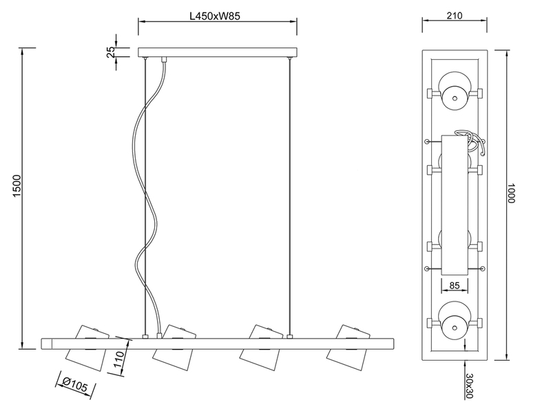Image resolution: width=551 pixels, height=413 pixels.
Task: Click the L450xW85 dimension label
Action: coord(215,16)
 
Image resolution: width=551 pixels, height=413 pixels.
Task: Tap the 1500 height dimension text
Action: coord(17,186)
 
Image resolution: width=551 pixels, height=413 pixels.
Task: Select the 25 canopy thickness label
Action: coord(111,52)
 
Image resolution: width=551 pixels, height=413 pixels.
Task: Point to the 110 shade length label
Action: coord(119,359)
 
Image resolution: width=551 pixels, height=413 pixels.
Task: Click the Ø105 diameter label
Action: coord(74,386)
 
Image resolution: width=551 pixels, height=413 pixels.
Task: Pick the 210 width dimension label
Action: coord(455,16)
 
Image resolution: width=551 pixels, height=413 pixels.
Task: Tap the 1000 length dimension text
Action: coord(510,193)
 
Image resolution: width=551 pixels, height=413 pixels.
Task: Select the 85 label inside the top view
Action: coord(455,285)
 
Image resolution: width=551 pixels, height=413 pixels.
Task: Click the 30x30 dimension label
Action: coord(469,385)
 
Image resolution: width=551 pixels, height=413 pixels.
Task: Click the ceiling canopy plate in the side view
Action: coord(218,52)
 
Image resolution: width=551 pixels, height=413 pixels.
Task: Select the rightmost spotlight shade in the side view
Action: coord(348,348)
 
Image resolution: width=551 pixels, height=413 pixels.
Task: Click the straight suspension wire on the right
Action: coord(289,197)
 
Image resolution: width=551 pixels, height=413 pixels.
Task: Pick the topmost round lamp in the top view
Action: coord(455,91)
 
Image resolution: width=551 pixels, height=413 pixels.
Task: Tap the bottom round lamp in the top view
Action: coord(455,320)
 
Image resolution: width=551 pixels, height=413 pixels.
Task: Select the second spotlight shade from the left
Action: coord(174,348)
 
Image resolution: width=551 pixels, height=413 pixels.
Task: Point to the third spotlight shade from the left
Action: coord(262,348)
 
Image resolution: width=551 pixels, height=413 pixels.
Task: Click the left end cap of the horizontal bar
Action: coord(47,343)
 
